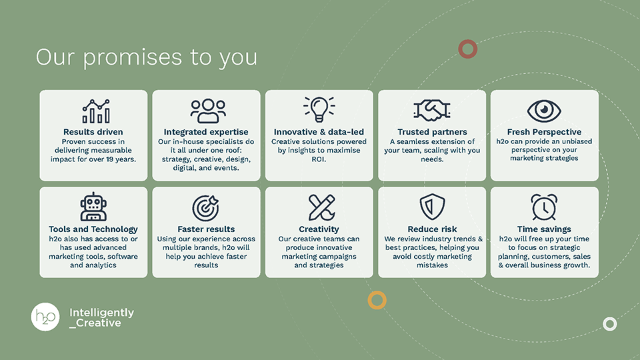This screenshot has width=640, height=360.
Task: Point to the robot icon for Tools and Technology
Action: [x=93, y=207]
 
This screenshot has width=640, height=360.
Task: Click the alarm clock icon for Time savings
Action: [x=544, y=207]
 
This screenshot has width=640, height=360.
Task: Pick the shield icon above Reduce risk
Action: [x=432, y=207]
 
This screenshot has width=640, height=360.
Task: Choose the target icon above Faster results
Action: [x=206, y=207]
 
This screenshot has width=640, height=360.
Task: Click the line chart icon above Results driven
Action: [x=95, y=111]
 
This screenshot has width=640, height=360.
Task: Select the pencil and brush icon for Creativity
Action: [x=320, y=207]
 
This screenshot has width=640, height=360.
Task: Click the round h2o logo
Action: [x=45, y=316]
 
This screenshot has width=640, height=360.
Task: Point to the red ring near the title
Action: [x=468, y=49]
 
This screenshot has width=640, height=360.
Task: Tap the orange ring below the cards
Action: [x=377, y=300]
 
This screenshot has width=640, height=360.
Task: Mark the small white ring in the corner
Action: [x=609, y=324]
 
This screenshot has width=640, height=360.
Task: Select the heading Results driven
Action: [x=93, y=132]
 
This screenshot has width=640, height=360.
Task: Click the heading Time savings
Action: [x=544, y=229]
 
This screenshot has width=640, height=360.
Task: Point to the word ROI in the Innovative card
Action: [x=319, y=159]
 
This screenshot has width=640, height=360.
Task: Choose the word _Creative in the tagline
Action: [x=95, y=323]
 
